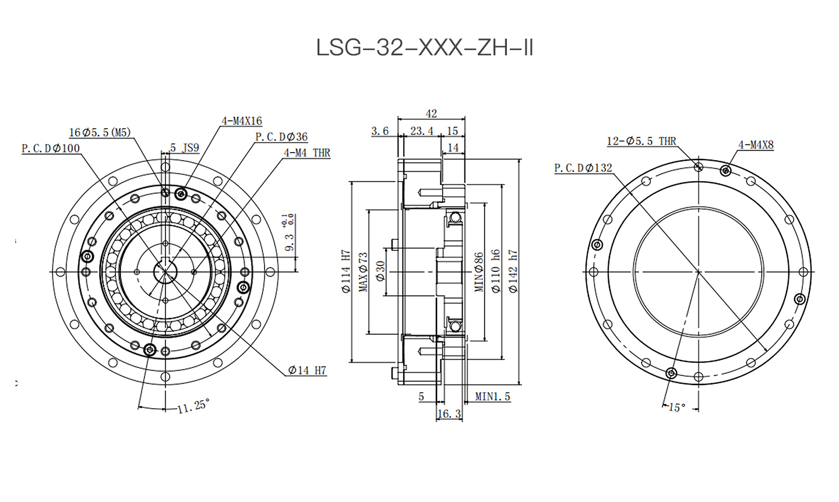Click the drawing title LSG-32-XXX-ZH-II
coord(425,48)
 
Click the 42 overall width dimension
coord(432,114)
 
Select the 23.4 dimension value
coord(422,131)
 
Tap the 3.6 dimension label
coord(380,131)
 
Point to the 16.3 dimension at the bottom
coord(449,413)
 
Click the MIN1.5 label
coord(492,397)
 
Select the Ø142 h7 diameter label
coord(513,271)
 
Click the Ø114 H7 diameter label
coord(346,271)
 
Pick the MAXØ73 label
coord(363,272)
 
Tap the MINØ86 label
coord(479,272)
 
